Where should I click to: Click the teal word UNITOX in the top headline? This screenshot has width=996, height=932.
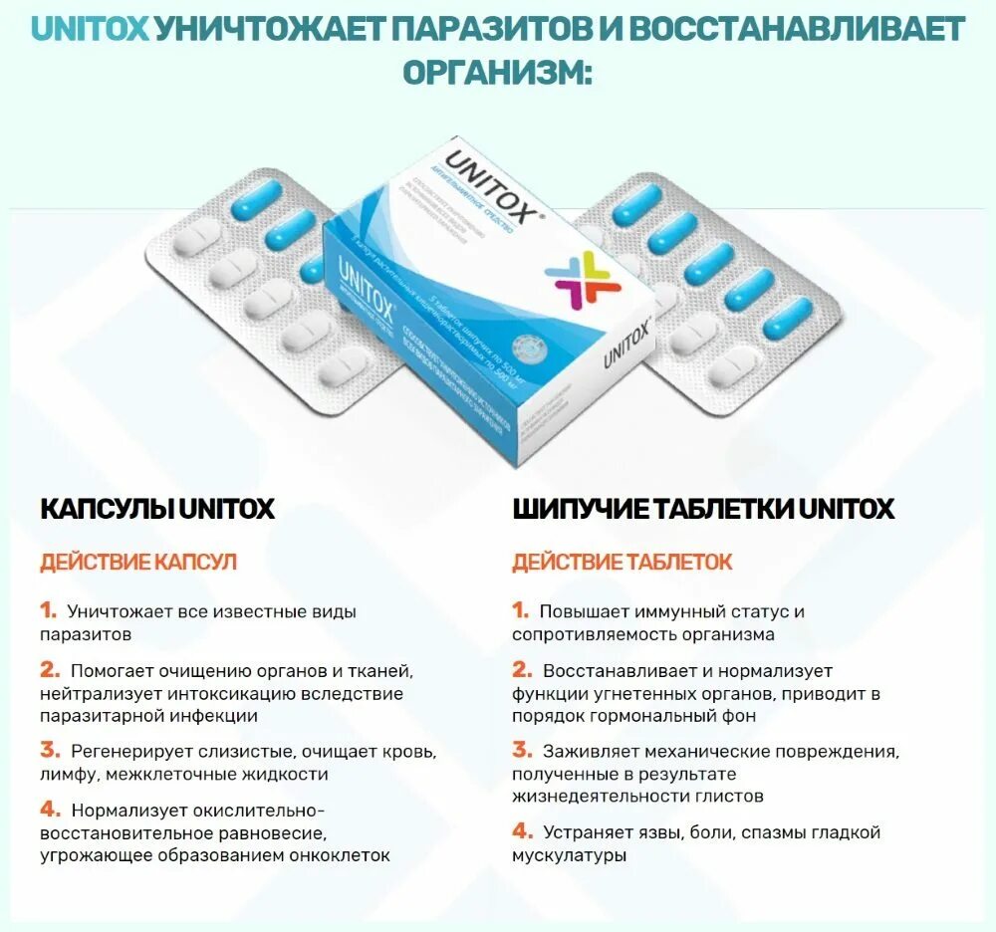click(91, 29)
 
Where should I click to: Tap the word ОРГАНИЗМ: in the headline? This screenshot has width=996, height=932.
click(497, 72)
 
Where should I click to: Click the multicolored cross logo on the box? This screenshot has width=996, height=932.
click(588, 278)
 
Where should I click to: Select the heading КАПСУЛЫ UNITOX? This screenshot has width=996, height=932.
click(156, 509)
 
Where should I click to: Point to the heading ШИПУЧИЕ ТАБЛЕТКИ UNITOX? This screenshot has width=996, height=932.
click(703, 509)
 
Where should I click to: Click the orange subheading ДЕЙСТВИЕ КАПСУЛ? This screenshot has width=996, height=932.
click(138, 562)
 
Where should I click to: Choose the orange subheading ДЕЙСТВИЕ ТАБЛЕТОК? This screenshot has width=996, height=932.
click(622, 562)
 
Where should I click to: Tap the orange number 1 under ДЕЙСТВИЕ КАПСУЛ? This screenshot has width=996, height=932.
click(49, 610)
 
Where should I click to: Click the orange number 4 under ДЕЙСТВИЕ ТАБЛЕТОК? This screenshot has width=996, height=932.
click(522, 830)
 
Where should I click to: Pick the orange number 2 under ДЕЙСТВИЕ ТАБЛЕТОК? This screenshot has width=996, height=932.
click(522, 670)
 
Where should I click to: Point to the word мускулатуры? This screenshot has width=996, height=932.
click(569, 854)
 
